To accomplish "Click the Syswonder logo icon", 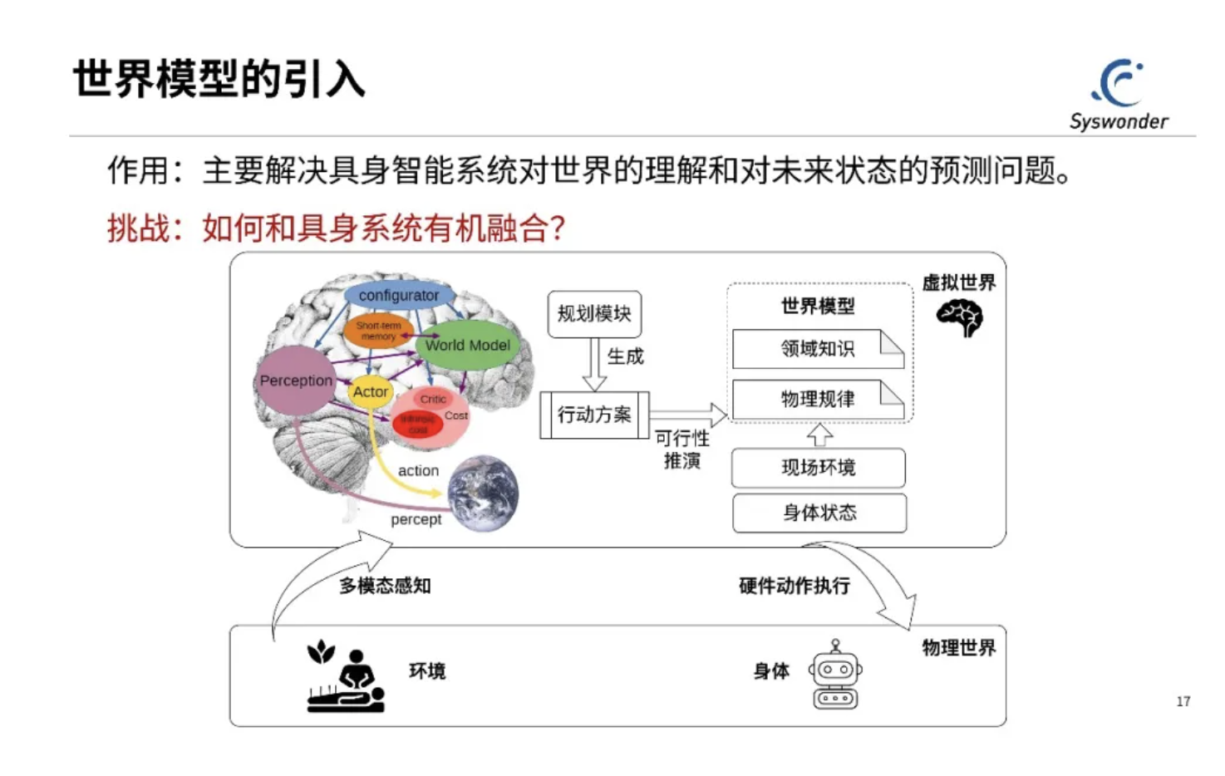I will tap(1119, 82).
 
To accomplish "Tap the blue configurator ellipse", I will tap(399, 295).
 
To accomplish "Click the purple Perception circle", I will tap(295, 381).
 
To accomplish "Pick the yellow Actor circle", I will tap(370, 391).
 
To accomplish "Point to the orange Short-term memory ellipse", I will tap(378, 331).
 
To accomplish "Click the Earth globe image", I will tap(483, 493).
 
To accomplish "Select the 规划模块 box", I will tap(594, 314).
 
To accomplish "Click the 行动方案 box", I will tap(594, 415).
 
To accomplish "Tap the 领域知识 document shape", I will tap(818, 349).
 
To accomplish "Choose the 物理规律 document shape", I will tap(818, 400).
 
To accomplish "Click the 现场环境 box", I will tap(818, 468).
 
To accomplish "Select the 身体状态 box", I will tap(819, 513).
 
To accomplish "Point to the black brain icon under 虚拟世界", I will tap(959, 317).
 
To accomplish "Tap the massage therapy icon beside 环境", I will tap(346, 676).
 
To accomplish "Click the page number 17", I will tap(1183, 701).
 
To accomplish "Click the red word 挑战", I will tap(138, 228).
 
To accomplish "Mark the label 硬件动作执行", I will tap(795, 586).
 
